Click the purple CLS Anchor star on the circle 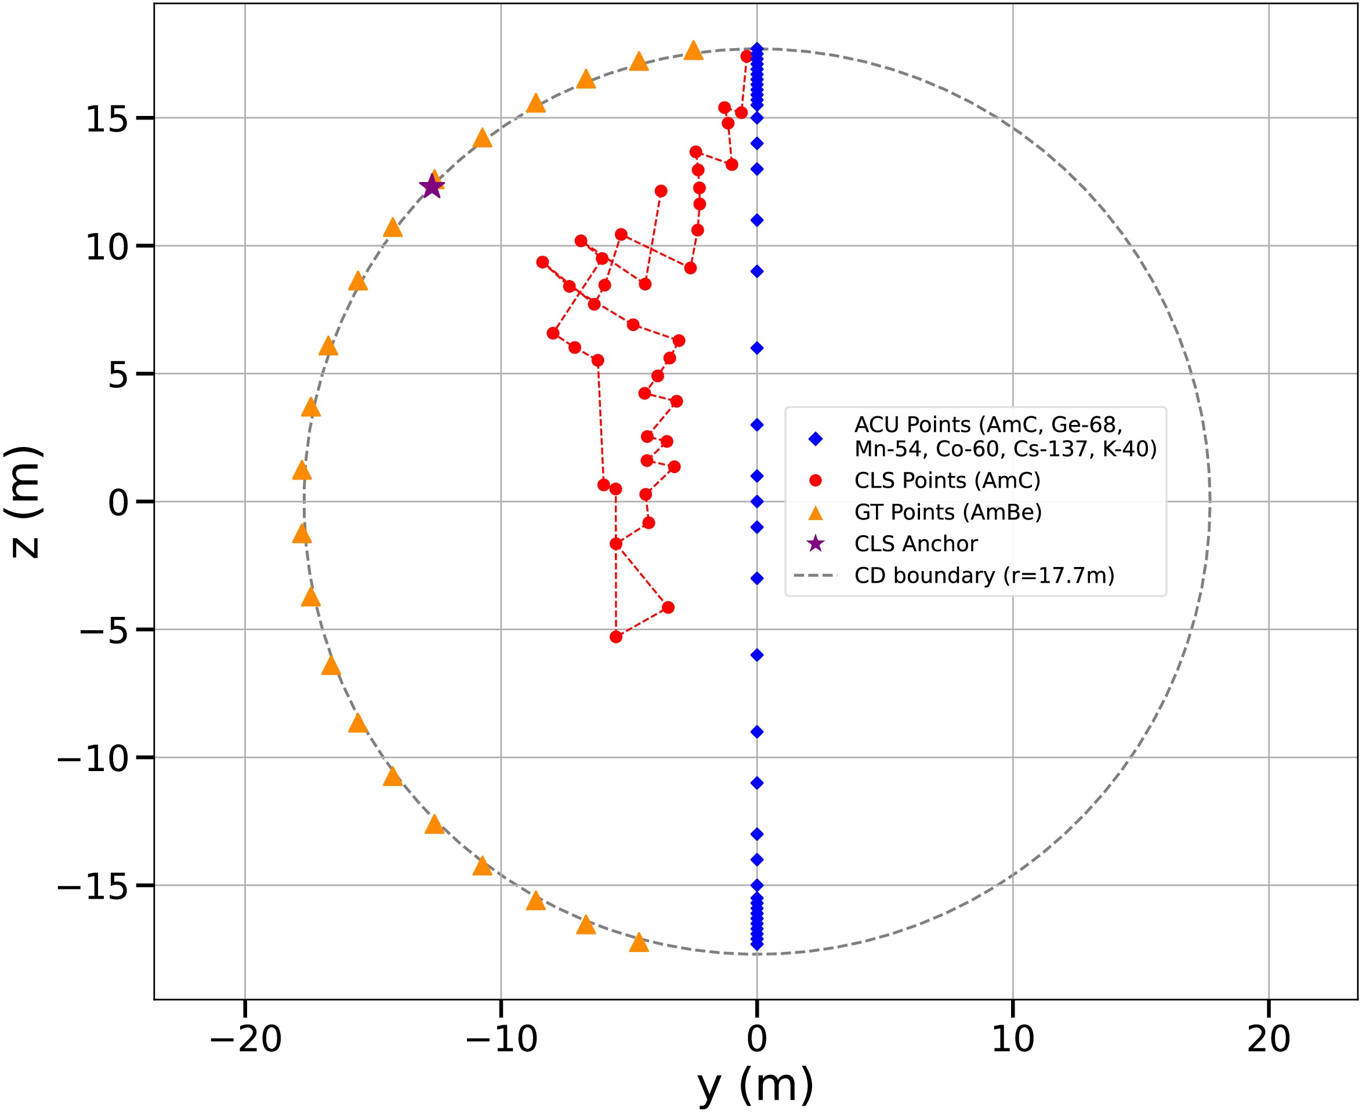click(x=432, y=187)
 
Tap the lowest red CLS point click(x=616, y=637)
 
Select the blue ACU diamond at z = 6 click(x=757, y=348)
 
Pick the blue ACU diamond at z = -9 click(x=757, y=732)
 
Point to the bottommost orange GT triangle click(x=639, y=943)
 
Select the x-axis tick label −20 click(x=245, y=1039)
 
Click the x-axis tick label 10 click(x=1013, y=1039)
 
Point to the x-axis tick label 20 click(x=1269, y=1039)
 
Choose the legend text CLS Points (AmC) click(x=947, y=481)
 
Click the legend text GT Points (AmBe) click(x=948, y=513)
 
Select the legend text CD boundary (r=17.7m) click(x=984, y=576)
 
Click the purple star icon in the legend click(x=815, y=544)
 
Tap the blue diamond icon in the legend click(x=815, y=439)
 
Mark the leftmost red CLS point click(x=542, y=262)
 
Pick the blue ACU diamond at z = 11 click(x=757, y=220)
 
